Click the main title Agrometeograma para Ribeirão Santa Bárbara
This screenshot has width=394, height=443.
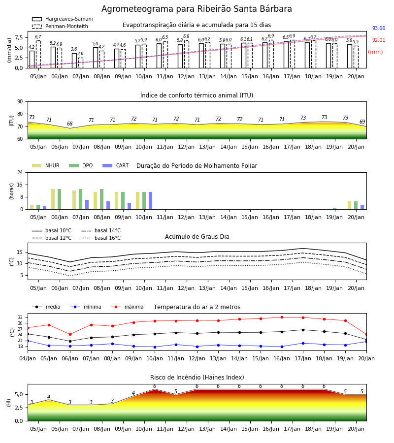(x=197, y=9)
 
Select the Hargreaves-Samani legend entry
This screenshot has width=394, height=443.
(x=62, y=19)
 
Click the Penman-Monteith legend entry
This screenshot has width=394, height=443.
(x=60, y=26)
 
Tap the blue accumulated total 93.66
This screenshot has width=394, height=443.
(x=378, y=28)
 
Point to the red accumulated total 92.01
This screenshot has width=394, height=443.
(x=378, y=40)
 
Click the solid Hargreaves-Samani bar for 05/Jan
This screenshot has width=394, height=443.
(x=32, y=60)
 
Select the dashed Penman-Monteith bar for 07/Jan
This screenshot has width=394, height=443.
(x=81, y=63)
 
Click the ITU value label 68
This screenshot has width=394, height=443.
(x=70, y=124)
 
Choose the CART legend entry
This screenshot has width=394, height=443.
(x=116, y=165)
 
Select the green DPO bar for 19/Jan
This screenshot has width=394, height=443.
(x=334, y=209)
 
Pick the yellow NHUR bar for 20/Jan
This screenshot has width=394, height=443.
(x=349, y=205)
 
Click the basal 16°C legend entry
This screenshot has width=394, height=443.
(x=101, y=238)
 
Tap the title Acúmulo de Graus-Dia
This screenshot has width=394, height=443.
(x=197, y=237)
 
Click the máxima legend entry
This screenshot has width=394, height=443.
(x=127, y=307)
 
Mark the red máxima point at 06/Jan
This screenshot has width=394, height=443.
(x=70, y=335)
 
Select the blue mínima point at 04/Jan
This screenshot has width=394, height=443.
(x=28, y=341)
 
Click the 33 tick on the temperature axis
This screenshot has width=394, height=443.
(x=22, y=317)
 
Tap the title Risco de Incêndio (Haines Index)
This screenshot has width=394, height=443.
(x=197, y=378)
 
